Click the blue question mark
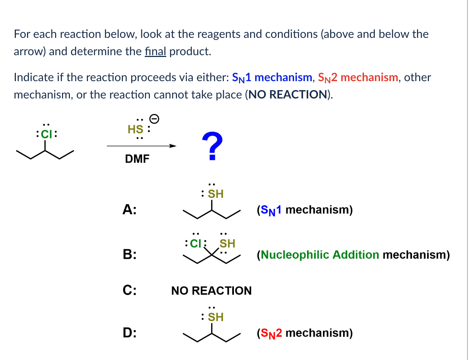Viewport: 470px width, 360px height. click(x=212, y=146)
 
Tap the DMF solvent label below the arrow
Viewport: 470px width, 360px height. click(x=137, y=159)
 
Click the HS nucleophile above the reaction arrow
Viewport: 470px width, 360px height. click(x=136, y=129)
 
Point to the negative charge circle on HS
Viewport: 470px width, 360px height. click(x=154, y=118)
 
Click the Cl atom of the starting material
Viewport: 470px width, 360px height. click(x=46, y=134)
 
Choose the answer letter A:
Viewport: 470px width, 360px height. click(x=129, y=209)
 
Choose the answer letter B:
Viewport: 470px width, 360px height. click(x=129, y=254)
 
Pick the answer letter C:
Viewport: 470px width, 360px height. click(x=129, y=290)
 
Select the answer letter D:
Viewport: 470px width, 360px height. click(x=129, y=333)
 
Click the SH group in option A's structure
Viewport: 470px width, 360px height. click(x=215, y=194)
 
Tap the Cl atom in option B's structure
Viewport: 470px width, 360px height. click(x=196, y=243)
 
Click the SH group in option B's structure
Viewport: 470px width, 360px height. click(x=227, y=244)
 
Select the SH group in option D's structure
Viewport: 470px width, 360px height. click(x=215, y=317)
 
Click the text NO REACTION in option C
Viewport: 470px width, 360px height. click(x=211, y=291)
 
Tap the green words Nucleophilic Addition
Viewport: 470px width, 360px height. click(x=320, y=255)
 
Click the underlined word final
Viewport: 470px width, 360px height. click(x=155, y=51)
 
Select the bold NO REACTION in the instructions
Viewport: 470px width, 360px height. click(x=288, y=95)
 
